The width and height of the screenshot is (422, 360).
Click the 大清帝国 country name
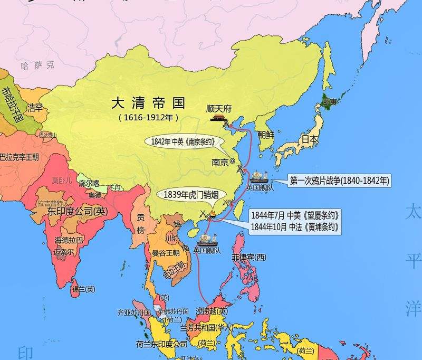pos(148,101)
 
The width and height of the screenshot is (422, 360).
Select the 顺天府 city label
pos(220,109)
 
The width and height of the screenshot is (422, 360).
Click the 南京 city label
pos(219,163)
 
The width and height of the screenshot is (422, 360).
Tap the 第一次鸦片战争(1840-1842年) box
pos(339,181)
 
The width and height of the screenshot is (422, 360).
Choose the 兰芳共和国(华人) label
pos(206,328)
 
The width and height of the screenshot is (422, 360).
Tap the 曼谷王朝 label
pos(166,252)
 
